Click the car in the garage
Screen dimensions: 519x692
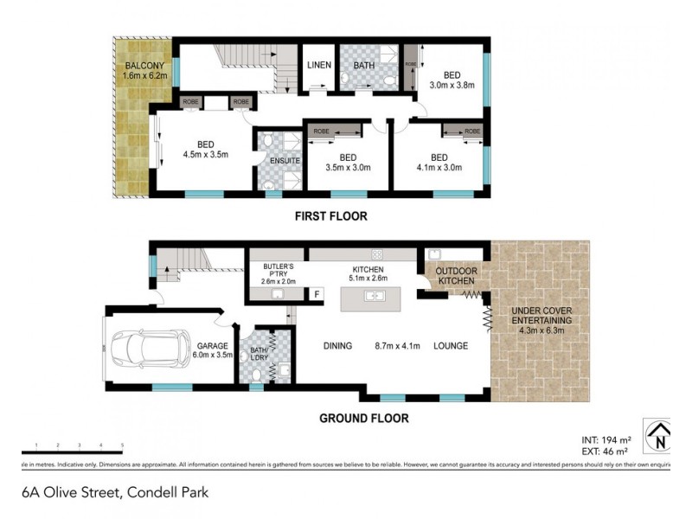point(156,348)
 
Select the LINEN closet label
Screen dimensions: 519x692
point(316,65)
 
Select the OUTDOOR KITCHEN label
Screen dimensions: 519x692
point(457,276)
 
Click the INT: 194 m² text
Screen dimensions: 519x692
point(607,440)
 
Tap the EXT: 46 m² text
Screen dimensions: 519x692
point(607,452)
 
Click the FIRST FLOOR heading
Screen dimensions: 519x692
point(331,217)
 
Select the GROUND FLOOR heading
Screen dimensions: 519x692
point(364,419)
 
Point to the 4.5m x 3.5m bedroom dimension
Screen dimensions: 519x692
point(205,156)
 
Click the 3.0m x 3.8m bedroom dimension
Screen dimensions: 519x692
point(452,85)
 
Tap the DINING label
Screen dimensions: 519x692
point(337,346)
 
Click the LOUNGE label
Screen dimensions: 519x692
point(451,346)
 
